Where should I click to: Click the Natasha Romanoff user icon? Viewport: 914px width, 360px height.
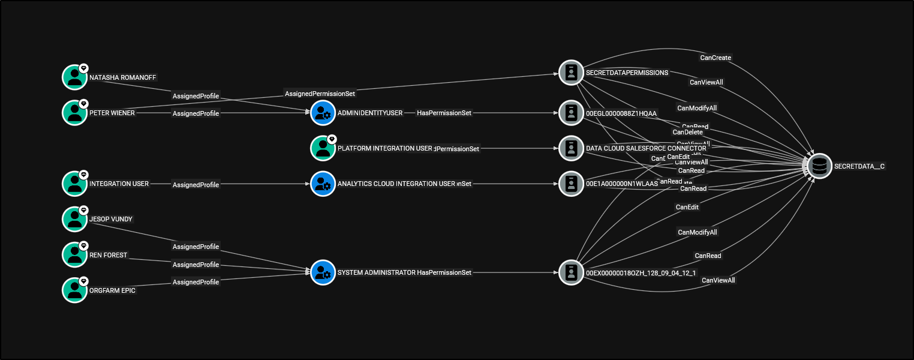[x=75, y=77]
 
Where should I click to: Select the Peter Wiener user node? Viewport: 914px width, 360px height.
[x=75, y=112]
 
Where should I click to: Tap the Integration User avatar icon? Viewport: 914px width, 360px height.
[x=75, y=184]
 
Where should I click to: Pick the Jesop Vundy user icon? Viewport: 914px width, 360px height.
[x=75, y=219]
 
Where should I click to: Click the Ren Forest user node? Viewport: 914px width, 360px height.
[x=75, y=254]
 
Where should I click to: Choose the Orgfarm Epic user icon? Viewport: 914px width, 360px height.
[x=75, y=290]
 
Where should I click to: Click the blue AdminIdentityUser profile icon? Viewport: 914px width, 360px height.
[x=323, y=113]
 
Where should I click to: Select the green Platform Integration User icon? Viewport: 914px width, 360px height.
[x=323, y=148]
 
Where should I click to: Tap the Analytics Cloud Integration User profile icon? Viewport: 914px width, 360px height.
[x=323, y=184]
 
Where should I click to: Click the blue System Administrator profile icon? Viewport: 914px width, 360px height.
[x=323, y=272]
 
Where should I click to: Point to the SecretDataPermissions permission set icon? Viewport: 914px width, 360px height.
[x=571, y=72]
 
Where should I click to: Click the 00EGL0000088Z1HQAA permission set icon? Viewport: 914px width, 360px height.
[x=571, y=113]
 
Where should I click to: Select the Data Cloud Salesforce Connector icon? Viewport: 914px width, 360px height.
[x=571, y=148]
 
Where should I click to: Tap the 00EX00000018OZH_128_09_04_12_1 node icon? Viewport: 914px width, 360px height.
[x=571, y=272]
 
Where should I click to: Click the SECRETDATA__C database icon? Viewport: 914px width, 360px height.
[x=819, y=166]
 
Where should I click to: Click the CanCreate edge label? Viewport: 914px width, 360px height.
[x=715, y=58]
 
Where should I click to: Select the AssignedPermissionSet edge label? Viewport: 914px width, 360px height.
[x=320, y=94]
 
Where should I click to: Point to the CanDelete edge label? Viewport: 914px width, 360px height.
[x=687, y=132]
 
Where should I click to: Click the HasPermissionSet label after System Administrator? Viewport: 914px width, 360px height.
[x=444, y=272]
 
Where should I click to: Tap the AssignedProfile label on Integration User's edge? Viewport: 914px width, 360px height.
[x=196, y=185]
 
